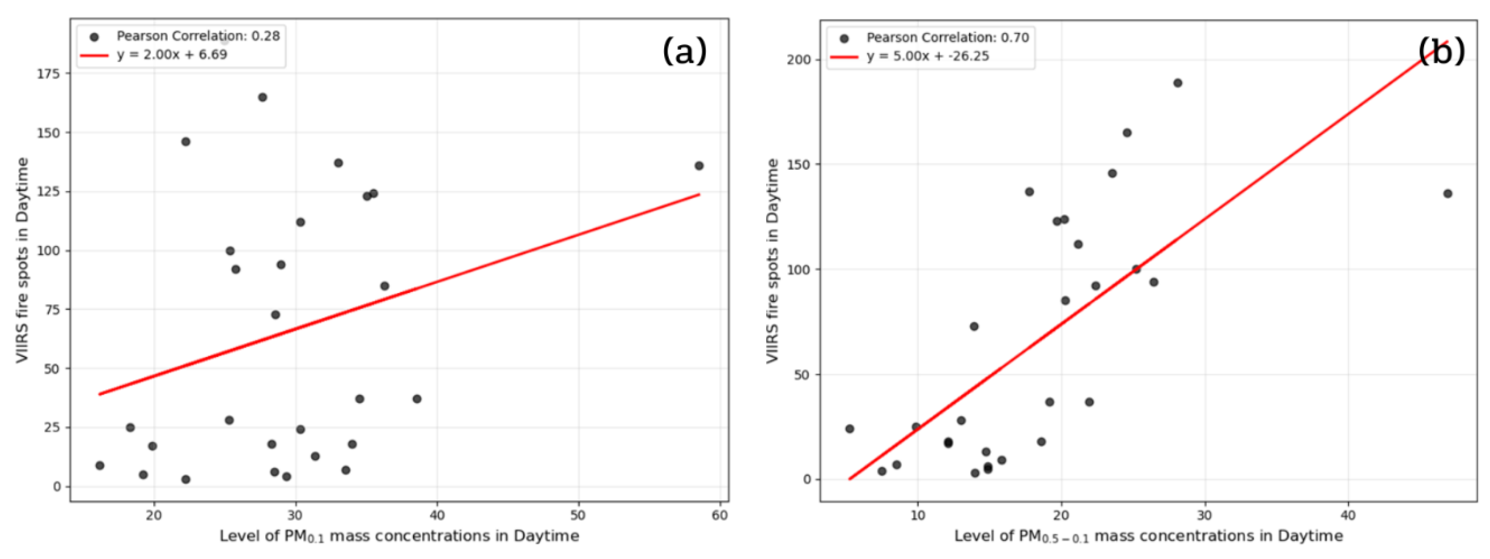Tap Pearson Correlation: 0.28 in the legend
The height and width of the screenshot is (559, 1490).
tap(198, 36)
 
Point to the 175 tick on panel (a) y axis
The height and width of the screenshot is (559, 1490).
tap(49, 73)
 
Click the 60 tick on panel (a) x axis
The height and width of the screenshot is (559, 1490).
tap(719, 516)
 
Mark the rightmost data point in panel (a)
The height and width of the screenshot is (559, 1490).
tap(699, 166)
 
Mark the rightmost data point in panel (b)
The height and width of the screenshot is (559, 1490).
tap(1448, 193)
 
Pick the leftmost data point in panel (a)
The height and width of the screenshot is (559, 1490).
tap(100, 465)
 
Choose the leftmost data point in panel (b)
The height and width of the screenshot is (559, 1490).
tap(850, 429)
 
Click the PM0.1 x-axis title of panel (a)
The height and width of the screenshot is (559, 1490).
tap(399, 536)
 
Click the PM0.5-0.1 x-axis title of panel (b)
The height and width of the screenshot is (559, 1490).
tap(1148, 536)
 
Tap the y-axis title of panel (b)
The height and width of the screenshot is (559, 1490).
tap(772, 261)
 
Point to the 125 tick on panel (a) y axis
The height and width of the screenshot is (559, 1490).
tap(49, 192)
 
